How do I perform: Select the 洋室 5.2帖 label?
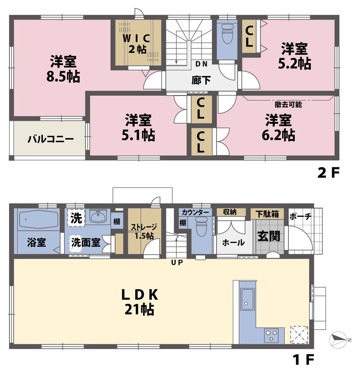(294, 56)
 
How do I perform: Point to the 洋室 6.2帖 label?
(278, 127)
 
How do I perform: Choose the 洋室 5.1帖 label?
(138, 127)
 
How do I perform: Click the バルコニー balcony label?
(50, 139)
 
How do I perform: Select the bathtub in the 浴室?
(39, 219)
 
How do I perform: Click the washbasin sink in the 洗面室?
(98, 217)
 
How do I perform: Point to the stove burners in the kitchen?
(270, 335)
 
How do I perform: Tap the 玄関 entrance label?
(269, 236)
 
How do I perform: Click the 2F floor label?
(328, 173)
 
